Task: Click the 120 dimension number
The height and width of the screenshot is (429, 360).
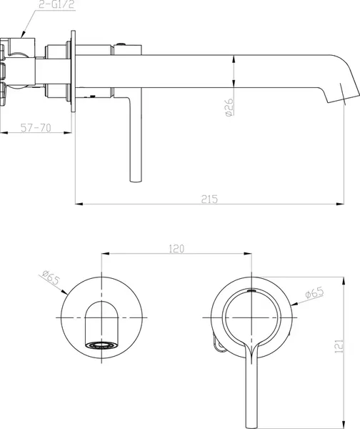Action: (x=176, y=249)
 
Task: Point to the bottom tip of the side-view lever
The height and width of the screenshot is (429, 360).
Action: (x=134, y=180)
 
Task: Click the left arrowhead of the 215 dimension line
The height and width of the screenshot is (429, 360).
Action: (x=79, y=204)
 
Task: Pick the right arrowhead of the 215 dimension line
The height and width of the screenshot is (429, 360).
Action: (x=356, y=204)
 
